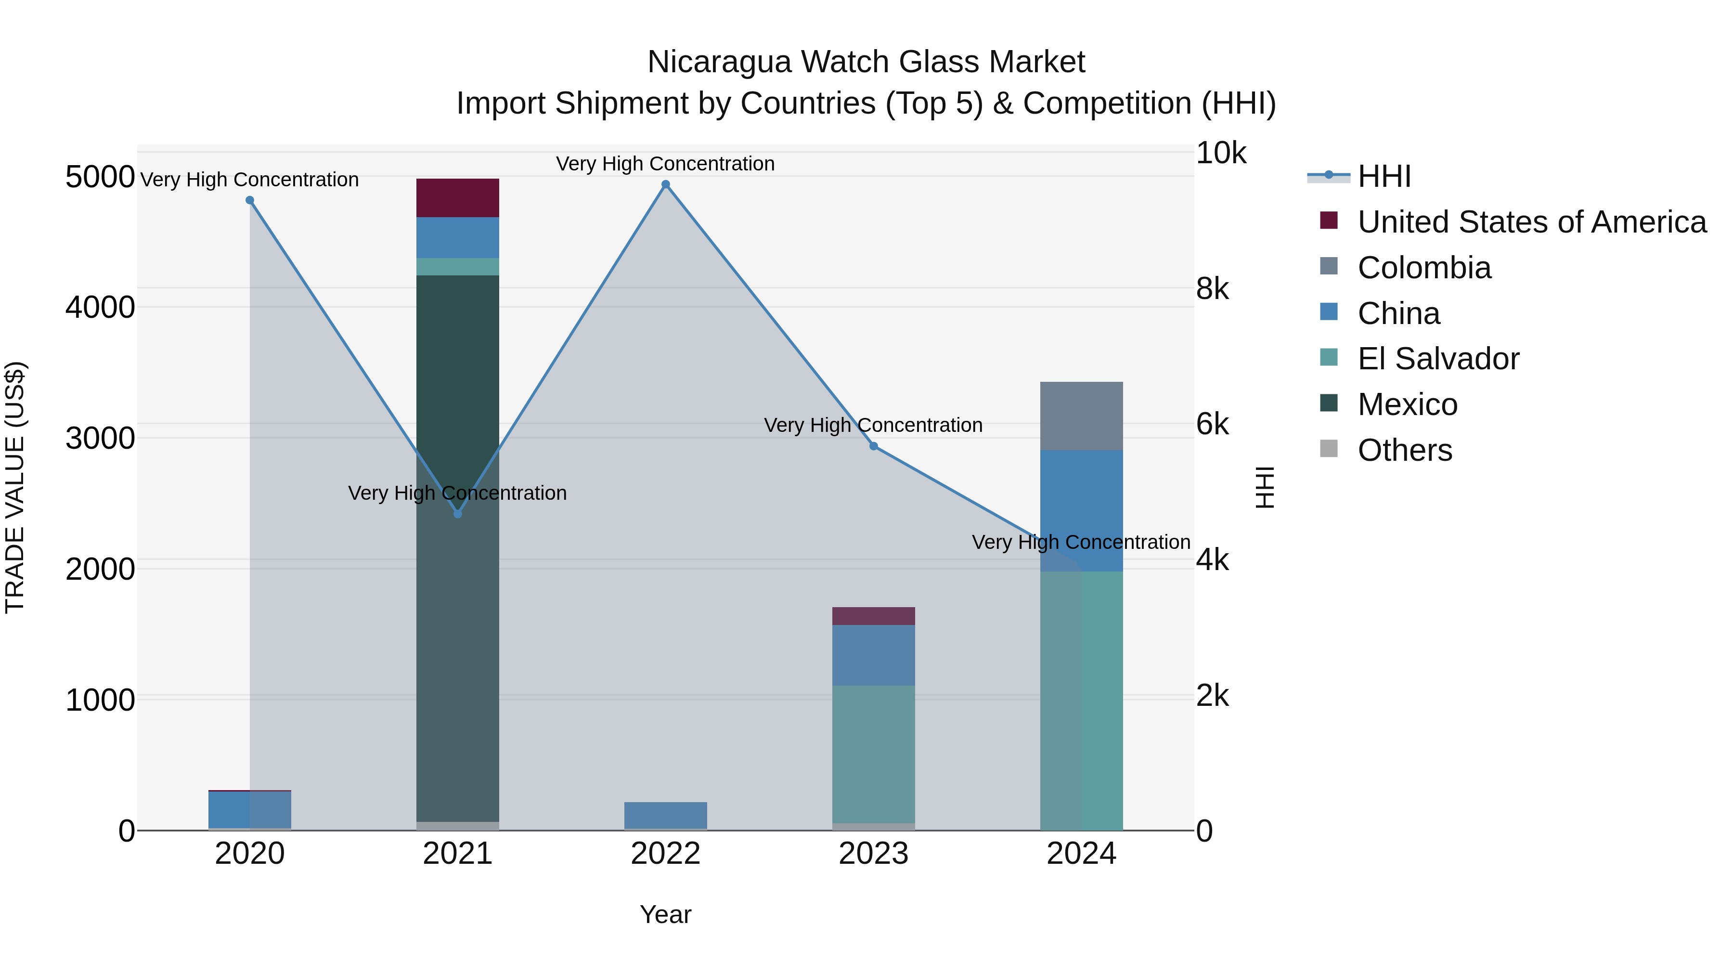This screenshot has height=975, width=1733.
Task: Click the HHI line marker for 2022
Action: coord(665,184)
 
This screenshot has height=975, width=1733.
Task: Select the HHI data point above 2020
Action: coord(249,200)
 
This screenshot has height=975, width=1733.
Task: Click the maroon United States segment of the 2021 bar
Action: coord(457,198)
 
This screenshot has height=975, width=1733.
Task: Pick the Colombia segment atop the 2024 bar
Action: coord(1081,416)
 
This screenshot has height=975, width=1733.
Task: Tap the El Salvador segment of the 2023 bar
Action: coord(873,754)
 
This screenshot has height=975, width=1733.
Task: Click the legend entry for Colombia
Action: coord(1423,268)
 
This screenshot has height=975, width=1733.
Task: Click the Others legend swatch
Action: coord(1329,449)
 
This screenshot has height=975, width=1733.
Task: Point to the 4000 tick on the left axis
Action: coord(100,308)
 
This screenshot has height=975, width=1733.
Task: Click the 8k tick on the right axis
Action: coord(1212,289)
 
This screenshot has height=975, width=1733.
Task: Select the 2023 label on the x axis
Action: coord(873,854)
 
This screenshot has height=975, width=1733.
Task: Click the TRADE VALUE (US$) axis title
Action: coord(15,487)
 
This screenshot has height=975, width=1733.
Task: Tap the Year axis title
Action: coord(665,914)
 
